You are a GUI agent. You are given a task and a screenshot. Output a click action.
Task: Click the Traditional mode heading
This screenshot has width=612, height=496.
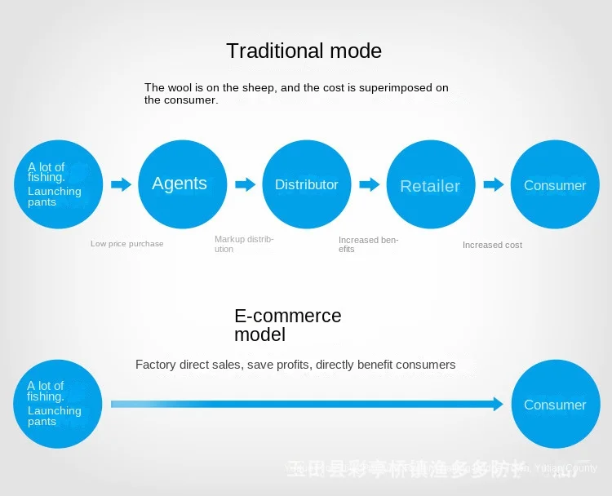[x=304, y=51]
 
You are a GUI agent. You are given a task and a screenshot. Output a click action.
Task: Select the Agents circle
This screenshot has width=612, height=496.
[x=180, y=184]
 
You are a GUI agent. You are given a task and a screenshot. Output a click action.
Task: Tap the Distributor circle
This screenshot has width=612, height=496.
[x=306, y=184]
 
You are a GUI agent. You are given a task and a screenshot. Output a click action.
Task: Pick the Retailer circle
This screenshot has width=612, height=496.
[x=430, y=185]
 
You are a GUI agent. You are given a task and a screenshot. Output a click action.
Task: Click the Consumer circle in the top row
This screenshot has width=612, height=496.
[x=555, y=185]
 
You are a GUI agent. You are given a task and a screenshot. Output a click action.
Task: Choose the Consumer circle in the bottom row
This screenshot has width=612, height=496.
[x=555, y=405]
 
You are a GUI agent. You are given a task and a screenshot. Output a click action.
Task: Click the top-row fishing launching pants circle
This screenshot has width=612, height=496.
[x=59, y=184]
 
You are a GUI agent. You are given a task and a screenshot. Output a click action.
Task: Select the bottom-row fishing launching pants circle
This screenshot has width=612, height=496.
[x=58, y=404]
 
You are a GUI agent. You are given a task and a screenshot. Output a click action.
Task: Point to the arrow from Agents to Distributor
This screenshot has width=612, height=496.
[x=245, y=184]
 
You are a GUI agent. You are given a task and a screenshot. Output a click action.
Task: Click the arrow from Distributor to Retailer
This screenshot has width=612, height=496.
[x=369, y=184]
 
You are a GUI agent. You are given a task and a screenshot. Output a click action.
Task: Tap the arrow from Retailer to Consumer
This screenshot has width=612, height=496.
[x=493, y=184]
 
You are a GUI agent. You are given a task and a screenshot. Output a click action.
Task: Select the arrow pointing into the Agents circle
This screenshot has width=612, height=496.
[x=121, y=184]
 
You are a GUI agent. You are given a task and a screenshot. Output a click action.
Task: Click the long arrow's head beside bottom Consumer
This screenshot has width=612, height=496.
[x=497, y=404]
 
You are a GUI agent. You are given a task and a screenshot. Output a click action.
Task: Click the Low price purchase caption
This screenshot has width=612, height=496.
[x=126, y=244]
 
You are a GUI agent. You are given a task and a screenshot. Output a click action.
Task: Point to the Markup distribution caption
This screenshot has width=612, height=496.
[x=243, y=244]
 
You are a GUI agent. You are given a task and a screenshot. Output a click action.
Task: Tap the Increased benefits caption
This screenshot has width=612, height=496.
[x=368, y=245]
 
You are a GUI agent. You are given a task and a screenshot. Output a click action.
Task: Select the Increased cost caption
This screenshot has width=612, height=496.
[x=492, y=245]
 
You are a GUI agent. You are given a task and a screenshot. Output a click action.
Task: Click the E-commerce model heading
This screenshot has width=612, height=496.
[x=287, y=325]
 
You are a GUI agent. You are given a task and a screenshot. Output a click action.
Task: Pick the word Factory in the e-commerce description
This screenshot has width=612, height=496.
[x=155, y=365]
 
